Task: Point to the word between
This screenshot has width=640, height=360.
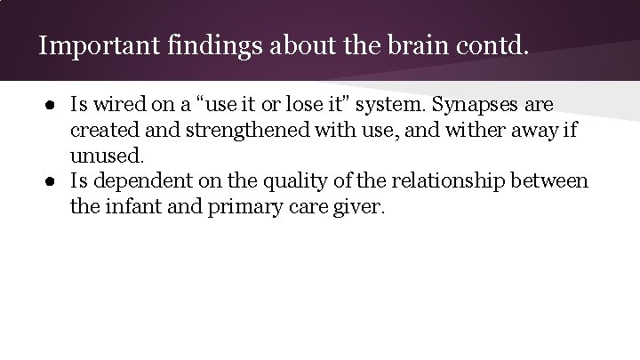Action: (554, 182)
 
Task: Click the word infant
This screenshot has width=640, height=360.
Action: (130, 207)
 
